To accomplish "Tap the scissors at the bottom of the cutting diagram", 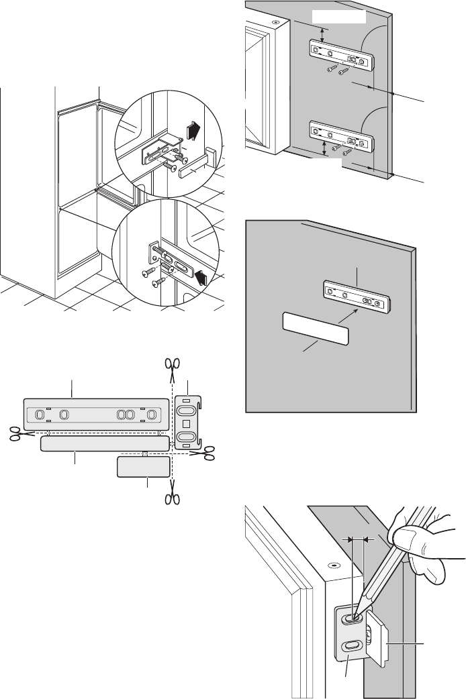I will pyautogui.click(x=173, y=497).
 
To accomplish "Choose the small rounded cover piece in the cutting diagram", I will pyautogui.click(x=142, y=466).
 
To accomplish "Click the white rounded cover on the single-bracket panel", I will pyautogui.click(x=314, y=331).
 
